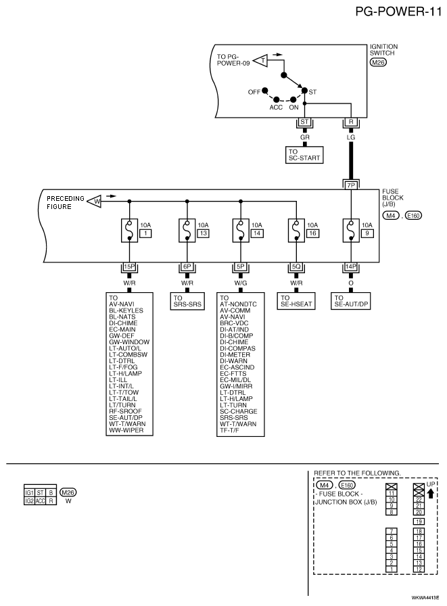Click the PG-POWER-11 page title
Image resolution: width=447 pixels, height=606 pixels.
[x=398, y=11]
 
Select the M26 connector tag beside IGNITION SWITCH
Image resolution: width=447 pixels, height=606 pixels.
[x=378, y=62]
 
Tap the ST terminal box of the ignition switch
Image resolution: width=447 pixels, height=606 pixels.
[x=304, y=122]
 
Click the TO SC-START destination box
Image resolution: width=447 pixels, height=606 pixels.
[x=304, y=155]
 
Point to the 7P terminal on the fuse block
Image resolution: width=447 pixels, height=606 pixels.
[x=351, y=185]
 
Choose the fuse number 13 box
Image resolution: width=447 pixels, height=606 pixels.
[x=204, y=233]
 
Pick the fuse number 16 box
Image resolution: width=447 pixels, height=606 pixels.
[x=312, y=233]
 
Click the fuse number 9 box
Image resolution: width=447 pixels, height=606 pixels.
[x=367, y=233]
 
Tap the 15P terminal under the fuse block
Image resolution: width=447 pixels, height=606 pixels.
[x=129, y=266]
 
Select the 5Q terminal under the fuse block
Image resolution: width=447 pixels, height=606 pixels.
[x=296, y=266]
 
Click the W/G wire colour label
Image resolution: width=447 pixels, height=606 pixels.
[x=241, y=283]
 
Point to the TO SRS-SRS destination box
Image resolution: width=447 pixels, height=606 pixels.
[x=187, y=301]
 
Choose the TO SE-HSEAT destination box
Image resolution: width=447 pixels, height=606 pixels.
[x=296, y=301]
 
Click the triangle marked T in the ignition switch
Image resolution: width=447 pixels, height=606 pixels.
[x=261, y=60]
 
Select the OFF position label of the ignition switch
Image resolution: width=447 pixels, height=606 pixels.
[x=254, y=92]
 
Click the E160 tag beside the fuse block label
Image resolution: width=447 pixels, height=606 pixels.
[x=413, y=216]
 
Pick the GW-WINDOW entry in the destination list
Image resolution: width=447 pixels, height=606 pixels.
[x=129, y=342]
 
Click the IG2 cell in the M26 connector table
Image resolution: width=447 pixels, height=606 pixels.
[x=29, y=501]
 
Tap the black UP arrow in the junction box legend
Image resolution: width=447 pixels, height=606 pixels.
[x=430, y=493]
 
